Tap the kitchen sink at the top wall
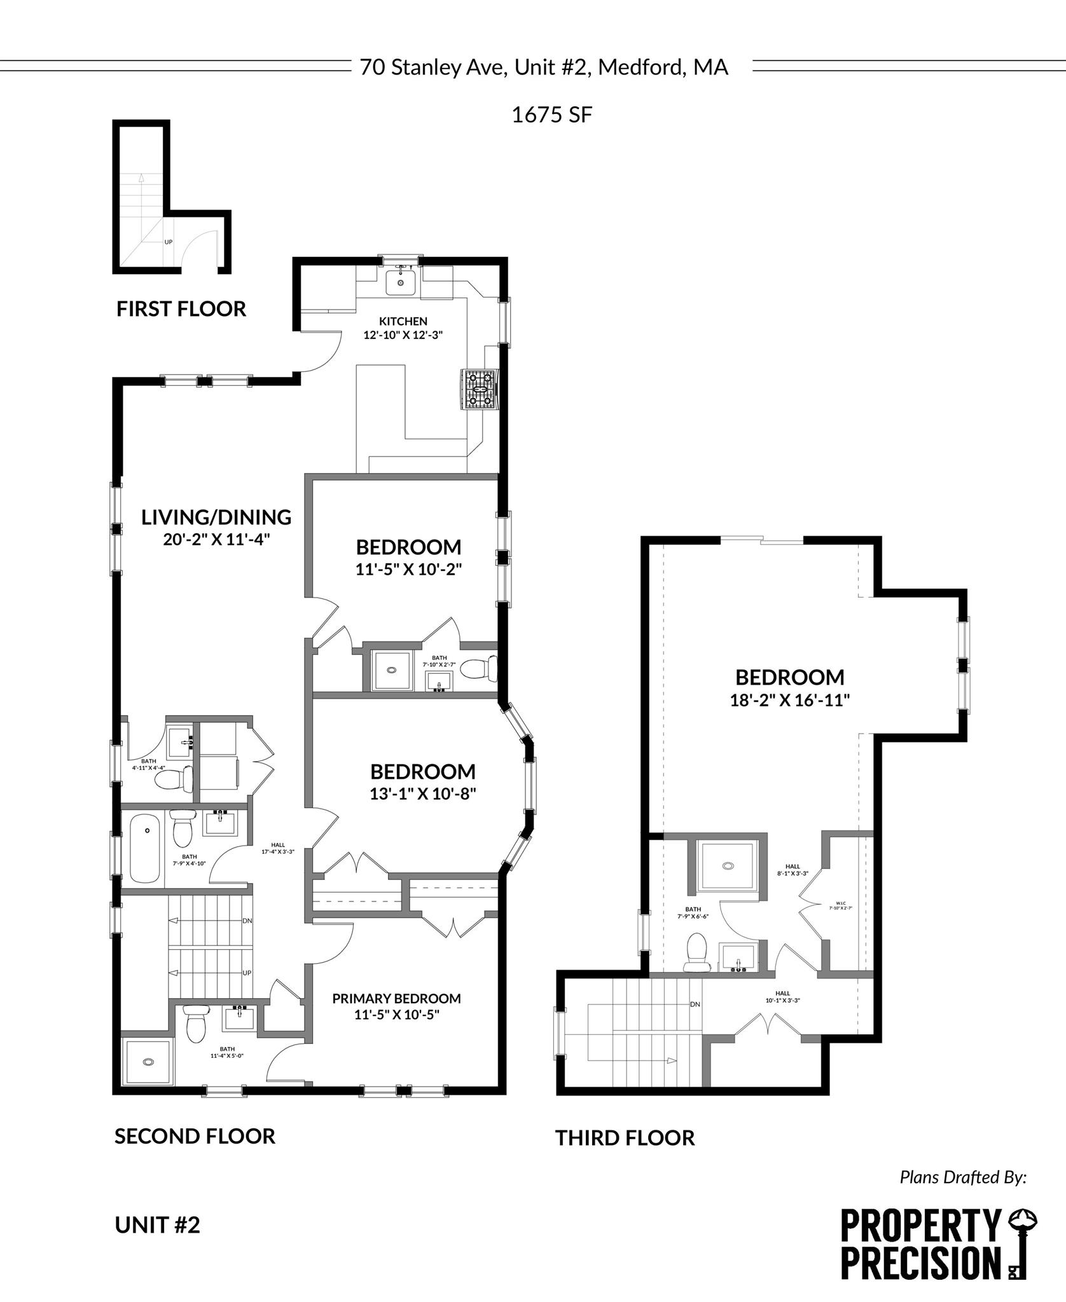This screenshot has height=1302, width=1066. pyautogui.click(x=401, y=282)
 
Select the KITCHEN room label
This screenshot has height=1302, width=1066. pyautogui.click(x=403, y=322)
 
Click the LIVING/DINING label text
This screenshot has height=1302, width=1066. pyautogui.click(x=216, y=517)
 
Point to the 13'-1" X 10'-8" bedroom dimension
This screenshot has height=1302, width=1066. pyautogui.click(x=423, y=794)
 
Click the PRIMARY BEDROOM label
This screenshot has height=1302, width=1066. pyautogui.click(x=396, y=999)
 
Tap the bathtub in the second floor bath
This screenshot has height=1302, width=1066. pyautogui.click(x=144, y=849)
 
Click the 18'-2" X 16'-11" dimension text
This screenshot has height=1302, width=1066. pyautogui.click(x=790, y=701)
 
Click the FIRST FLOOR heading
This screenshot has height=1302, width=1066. pyautogui.click(x=181, y=309)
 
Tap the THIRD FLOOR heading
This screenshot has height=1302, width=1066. pyautogui.click(x=625, y=1138)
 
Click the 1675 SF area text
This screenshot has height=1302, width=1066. pyautogui.click(x=552, y=115)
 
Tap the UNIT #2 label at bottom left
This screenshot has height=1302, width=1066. pyautogui.click(x=157, y=1225)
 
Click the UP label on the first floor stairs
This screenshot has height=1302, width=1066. pyautogui.click(x=169, y=242)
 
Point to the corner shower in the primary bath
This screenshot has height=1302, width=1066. pyautogui.click(x=148, y=1062)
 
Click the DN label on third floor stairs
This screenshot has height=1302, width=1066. pyautogui.click(x=695, y=1004)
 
